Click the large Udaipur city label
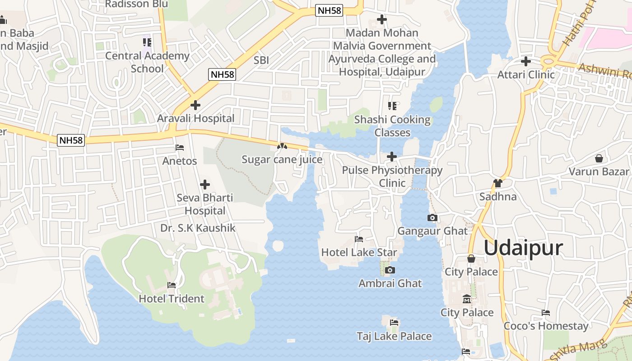[x=524, y=248]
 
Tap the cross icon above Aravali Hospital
[x=195, y=105]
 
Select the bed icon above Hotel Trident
[x=172, y=285]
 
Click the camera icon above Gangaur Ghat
[x=432, y=218]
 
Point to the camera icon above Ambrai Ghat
[x=390, y=270]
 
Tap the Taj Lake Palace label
[x=394, y=336]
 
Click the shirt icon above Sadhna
[x=498, y=183]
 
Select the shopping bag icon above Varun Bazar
[x=599, y=158]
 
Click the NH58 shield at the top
[x=329, y=10]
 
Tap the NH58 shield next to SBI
[x=222, y=74]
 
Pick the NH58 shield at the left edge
[x=71, y=140]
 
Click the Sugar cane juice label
[x=282, y=159]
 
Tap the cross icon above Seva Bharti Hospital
[x=205, y=185]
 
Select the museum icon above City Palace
[x=467, y=299]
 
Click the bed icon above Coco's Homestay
[x=546, y=312]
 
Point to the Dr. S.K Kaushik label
[x=198, y=228]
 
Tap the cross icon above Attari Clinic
[x=526, y=61]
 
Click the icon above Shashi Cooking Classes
[x=392, y=106]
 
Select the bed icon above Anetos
[x=180, y=148]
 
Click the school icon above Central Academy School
[x=147, y=42]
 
